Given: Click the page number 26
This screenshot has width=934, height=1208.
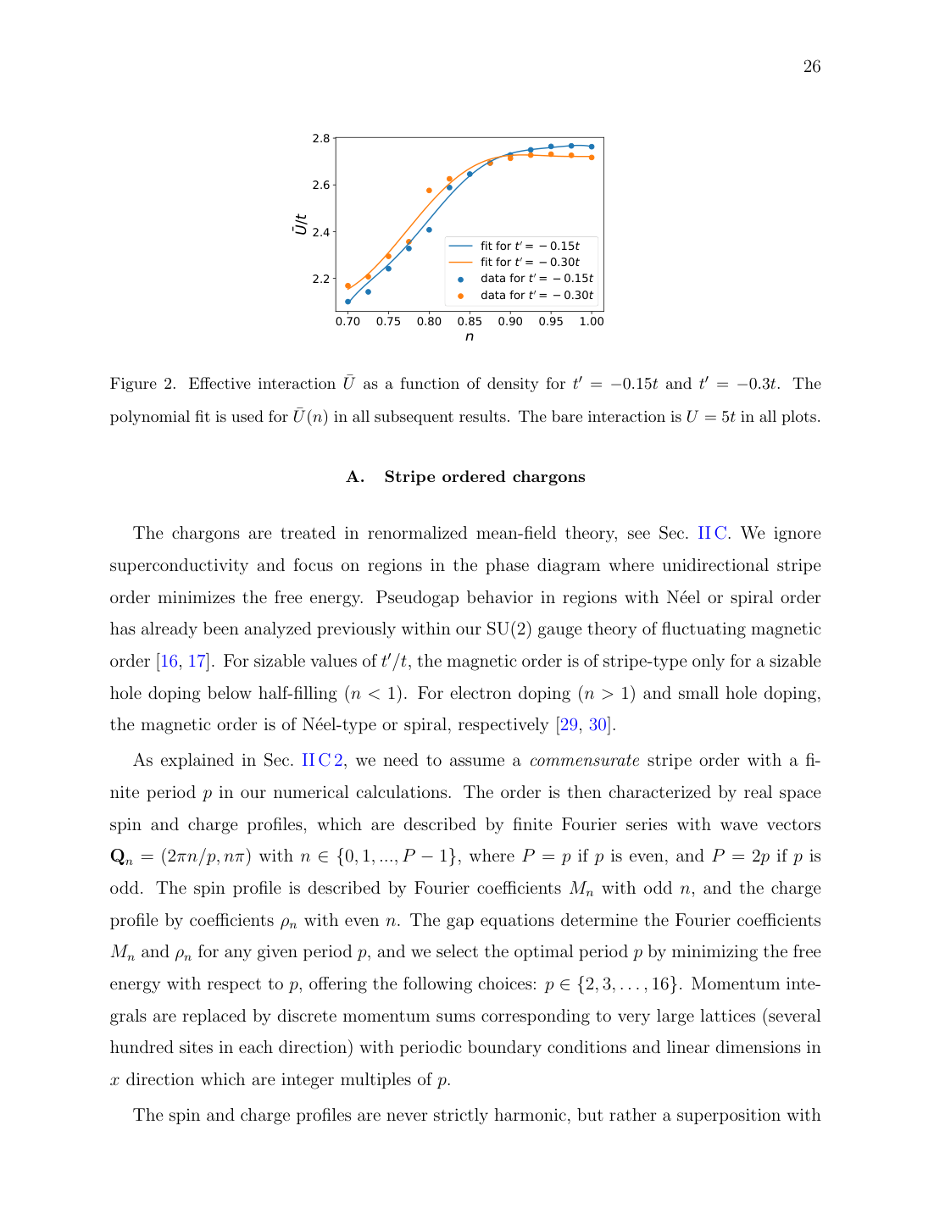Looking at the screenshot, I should click(x=811, y=67).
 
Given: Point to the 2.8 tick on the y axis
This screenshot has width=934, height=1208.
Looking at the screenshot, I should click(x=321, y=138).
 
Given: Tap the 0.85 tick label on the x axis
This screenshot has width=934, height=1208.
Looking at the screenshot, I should click(x=470, y=322).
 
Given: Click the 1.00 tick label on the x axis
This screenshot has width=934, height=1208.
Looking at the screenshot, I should click(x=592, y=322).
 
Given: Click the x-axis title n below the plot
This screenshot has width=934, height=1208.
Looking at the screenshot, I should click(x=470, y=337).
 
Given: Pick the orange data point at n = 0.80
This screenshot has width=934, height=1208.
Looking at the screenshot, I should click(x=429, y=191).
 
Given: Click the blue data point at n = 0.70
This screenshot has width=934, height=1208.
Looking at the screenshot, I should click(x=347, y=302).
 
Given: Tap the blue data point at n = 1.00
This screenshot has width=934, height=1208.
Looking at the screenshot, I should click(x=592, y=147).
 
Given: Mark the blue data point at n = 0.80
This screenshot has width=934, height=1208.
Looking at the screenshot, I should click(x=429, y=230).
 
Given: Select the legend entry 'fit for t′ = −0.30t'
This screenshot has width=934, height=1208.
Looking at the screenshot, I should click(x=530, y=263).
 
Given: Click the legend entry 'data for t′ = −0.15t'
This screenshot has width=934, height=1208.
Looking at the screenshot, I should click(x=536, y=279).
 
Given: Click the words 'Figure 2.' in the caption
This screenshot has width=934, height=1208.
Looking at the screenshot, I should click(x=142, y=385).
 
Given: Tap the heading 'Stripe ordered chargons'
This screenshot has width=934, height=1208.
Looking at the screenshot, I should click(x=484, y=477).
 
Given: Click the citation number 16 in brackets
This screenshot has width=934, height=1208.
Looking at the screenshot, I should click(x=169, y=662).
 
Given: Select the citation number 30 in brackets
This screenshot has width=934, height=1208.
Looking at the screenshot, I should click(x=598, y=725).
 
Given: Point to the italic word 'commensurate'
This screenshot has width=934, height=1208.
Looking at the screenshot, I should click(x=584, y=761).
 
